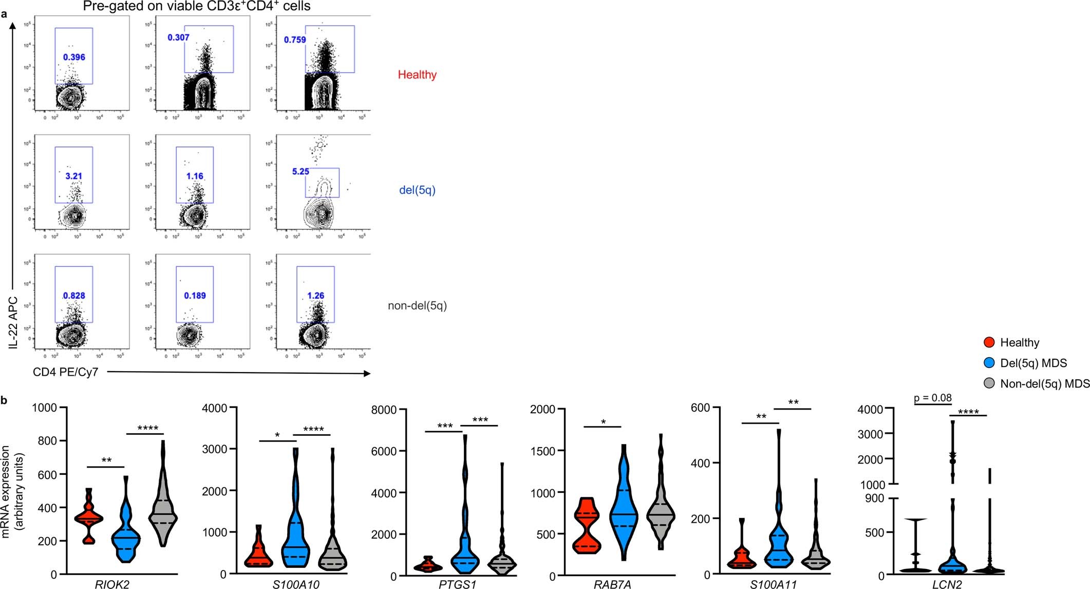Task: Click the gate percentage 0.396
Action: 74,57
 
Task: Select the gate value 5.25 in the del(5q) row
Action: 300,172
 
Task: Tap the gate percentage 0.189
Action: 195,296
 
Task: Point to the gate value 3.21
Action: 73,176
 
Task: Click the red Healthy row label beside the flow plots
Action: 417,75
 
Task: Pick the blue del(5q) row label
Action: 417,190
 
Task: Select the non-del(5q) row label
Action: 417,306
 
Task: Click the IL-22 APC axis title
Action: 13,322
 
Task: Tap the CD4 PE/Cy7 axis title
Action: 65,372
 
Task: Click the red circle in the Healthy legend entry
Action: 988,342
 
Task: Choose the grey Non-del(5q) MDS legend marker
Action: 988,383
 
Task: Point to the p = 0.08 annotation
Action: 933,398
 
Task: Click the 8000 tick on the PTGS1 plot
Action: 386,410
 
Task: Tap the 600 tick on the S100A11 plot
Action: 701,408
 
